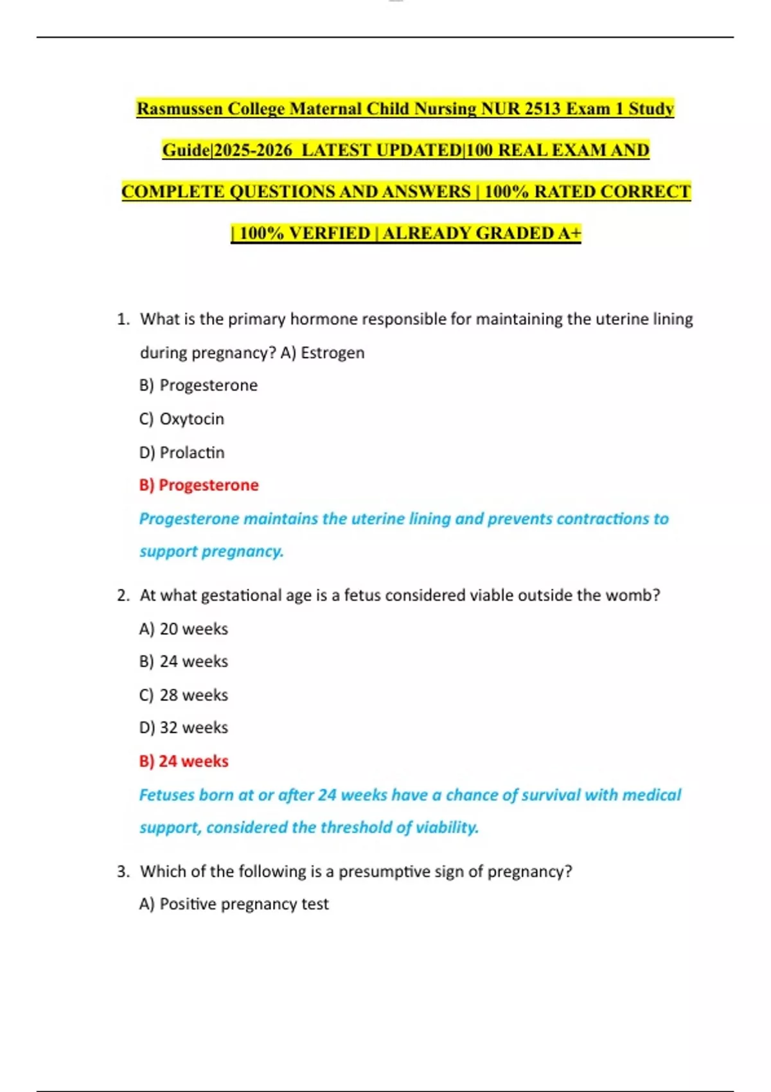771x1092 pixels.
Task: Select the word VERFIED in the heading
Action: point(330,233)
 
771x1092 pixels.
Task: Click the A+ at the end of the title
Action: point(569,233)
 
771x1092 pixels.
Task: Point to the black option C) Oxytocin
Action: point(182,419)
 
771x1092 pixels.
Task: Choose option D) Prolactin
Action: point(182,453)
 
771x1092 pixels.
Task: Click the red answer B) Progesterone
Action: point(199,485)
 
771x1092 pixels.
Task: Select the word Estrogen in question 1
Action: point(333,353)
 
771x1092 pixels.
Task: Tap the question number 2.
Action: point(123,595)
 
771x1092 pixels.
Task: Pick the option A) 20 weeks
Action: point(184,629)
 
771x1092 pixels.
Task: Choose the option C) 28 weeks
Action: point(184,695)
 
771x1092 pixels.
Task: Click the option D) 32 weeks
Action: point(184,728)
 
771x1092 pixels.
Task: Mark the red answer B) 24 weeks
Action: point(184,761)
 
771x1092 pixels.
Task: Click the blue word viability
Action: point(447,827)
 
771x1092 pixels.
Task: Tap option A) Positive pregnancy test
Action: point(234,904)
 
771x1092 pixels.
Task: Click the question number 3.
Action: point(123,872)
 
